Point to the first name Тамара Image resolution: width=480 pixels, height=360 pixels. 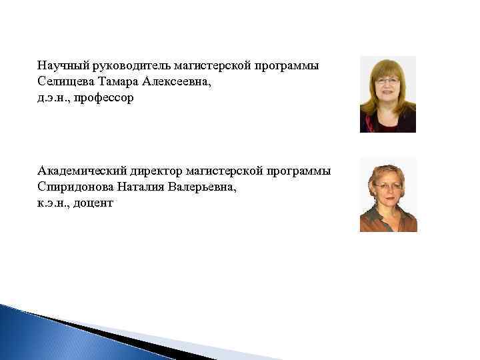(x=119, y=82)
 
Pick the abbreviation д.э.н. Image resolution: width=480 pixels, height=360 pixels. (x=53, y=98)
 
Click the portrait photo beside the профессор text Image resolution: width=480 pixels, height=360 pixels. (x=388, y=95)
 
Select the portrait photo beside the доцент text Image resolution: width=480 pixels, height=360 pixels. (x=388, y=195)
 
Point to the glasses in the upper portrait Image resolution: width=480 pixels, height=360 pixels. (x=387, y=83)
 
